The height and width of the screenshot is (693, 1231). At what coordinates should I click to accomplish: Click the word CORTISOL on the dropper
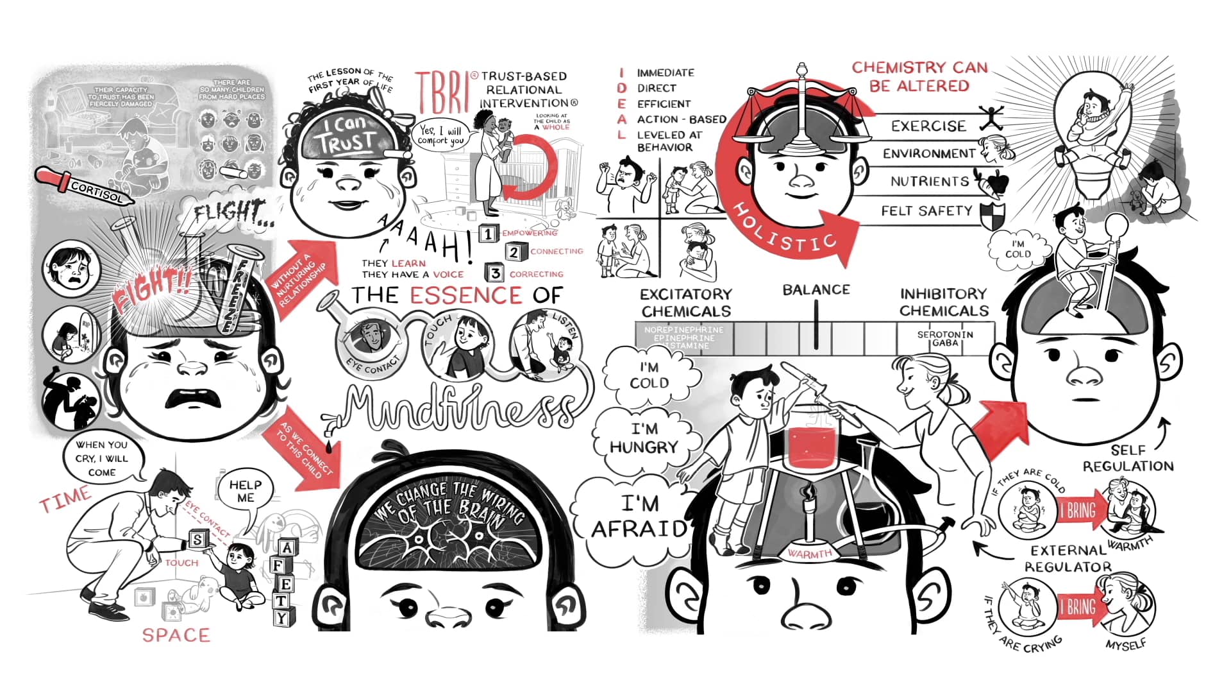pyautogui.click(x=96, y=191)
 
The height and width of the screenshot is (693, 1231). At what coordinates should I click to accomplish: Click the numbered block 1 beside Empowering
pyautogui.click(x=489, y=234)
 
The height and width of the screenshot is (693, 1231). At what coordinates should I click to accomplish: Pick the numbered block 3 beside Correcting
pyautogui.click(x=495, y=273)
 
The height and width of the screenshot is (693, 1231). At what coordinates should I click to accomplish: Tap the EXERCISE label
pyautogui.click(x=928, y=126)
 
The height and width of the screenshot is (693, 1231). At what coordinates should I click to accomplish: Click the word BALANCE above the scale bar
pyautogui.click(x=816, y=290)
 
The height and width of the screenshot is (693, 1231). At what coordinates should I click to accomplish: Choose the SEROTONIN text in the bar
pyautogui.click(x=944, y=334)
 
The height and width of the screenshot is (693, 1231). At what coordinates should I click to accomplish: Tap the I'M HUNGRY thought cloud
pyautogui.click(x=644, y=438)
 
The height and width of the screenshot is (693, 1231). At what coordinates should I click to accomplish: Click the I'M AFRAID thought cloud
pyautogui.click(x=639, y=517)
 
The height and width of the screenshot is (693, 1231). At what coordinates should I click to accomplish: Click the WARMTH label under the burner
pyautogui.click(x=809, y=553)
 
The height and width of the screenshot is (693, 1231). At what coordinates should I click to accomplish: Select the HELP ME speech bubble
pyautogui.click(x=245, y=492)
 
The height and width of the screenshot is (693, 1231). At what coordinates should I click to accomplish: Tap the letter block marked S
pyautogui.click(x=197, y=540)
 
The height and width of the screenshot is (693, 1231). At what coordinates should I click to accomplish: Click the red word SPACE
pyautogui.click(x=176, y=635)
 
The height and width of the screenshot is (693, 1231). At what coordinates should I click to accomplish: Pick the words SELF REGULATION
pyautogui.click(x=1128, y=458)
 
